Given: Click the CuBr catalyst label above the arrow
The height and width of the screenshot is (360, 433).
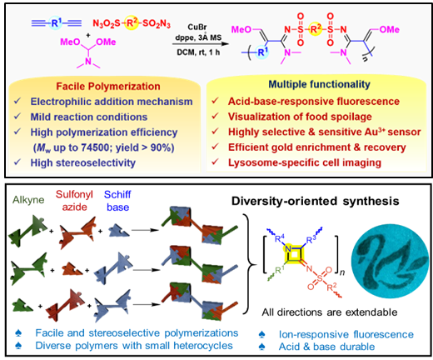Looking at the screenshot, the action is coord(197,27).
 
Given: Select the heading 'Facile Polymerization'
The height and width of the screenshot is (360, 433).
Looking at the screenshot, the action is coord(108,87).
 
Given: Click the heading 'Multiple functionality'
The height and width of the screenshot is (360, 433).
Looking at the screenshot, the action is coord(319,84).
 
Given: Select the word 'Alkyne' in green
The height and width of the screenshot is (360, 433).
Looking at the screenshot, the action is coord(28,200).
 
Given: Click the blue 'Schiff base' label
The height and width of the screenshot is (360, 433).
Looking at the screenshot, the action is coord(117,201).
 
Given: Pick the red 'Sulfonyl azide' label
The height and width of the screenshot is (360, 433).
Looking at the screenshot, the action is coord(74,201).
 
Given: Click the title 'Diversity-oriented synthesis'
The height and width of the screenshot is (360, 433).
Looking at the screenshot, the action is coord(316,201).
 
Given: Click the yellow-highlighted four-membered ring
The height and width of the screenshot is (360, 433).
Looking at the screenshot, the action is coord(294,254).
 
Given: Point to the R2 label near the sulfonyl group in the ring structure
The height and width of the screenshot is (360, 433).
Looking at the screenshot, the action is coord(331,287).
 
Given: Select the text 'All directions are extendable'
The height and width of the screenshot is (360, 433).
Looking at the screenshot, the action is coord(330,312).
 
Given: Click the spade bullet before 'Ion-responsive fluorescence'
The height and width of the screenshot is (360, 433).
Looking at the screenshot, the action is coord(262,335).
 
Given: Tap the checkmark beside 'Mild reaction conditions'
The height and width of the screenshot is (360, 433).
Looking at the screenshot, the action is coord(17,116).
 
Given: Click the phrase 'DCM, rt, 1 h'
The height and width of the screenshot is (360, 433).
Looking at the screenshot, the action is coord(198,52).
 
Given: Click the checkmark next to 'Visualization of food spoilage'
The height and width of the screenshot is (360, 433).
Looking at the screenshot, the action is coord(215,116).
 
